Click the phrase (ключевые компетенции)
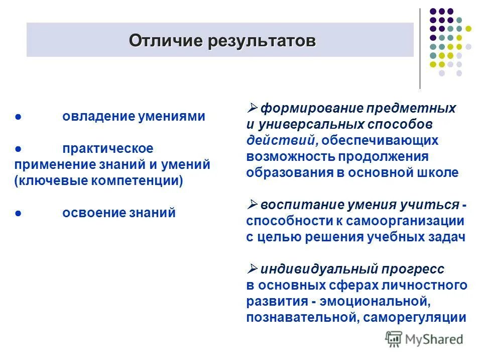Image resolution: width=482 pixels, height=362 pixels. click(x=99, y=180)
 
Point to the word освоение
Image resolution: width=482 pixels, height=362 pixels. click(x=90, y=213)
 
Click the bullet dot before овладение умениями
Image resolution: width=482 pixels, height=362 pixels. click(x=18, y=117)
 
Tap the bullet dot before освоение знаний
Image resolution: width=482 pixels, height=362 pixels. click(x=18, y=213)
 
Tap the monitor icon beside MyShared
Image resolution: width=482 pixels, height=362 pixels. click(x=394, y=339)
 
